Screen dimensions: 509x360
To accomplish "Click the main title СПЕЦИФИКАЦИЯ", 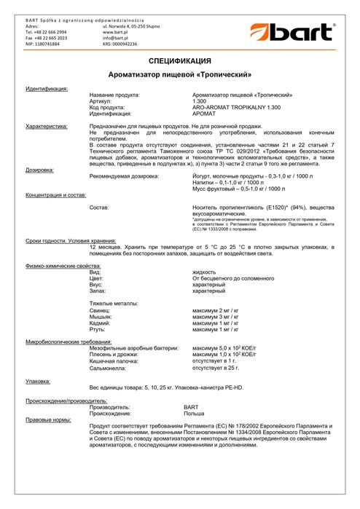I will point(179,60).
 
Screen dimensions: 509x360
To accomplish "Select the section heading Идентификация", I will point(47,88).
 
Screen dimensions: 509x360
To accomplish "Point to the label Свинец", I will point(100,310).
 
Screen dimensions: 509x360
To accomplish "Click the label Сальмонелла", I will point(108,368).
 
